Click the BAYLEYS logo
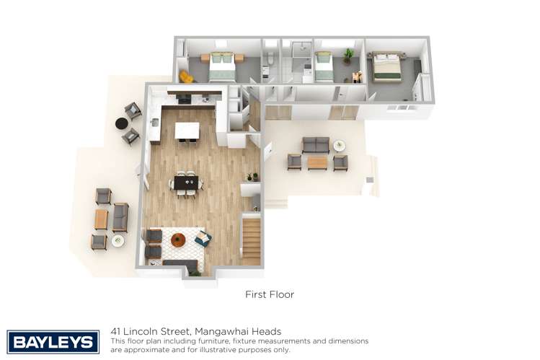53,342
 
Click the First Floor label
270,294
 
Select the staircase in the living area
252,242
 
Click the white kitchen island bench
187,131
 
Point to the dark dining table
186,183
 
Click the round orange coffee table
178,240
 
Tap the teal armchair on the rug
203,238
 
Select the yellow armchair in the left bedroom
186,76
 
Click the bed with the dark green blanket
387,67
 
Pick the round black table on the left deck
121,123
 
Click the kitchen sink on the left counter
154,122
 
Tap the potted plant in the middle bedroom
348,57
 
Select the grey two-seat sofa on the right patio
316,145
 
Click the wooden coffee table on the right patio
317,163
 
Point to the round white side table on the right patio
340,145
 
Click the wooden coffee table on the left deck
101,219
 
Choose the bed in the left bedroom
223,67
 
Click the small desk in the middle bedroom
357,76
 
